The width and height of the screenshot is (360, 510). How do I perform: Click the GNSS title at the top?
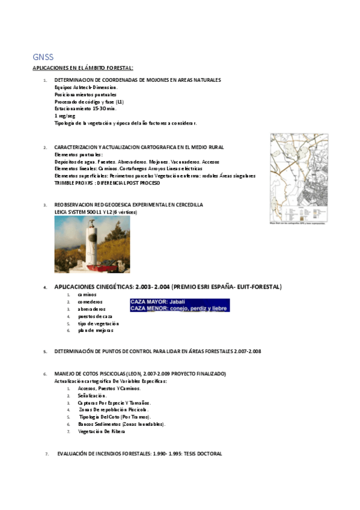[x=43, y=57]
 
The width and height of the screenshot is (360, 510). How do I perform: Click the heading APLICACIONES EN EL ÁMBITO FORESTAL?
[x=83, y=68]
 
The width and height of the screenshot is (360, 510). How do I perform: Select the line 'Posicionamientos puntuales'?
[x=85, y=94]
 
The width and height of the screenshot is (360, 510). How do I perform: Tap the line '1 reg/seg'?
[x=64, y=115]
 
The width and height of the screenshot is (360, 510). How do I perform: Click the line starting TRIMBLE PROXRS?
[x=104, y=182]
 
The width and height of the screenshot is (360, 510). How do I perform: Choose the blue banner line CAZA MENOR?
[x=179, y=309]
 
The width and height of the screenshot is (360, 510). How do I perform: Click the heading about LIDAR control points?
[x=157, y=351]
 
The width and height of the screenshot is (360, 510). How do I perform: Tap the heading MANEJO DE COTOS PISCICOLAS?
[x=140, y=374]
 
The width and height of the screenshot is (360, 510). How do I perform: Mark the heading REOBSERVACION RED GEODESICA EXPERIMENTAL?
[x=129, y=205]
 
